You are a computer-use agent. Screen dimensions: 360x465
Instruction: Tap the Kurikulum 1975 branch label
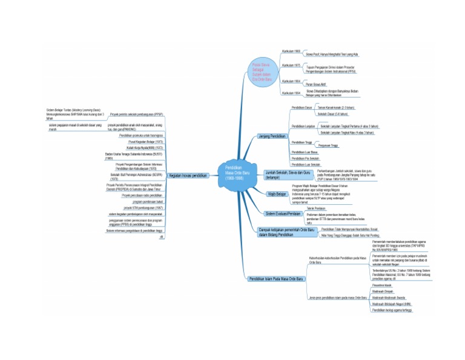point(291,65)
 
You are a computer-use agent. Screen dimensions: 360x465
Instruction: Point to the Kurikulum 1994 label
point(291,93)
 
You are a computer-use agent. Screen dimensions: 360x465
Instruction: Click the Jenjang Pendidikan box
point(271,135)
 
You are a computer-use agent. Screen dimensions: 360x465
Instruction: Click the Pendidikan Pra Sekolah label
point(305,158)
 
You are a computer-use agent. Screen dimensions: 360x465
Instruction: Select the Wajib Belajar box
point(277,194)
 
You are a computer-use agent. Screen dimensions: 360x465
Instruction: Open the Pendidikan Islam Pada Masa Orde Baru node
point(276,279)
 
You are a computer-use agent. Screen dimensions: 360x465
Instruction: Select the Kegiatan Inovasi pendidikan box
point(188,175)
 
